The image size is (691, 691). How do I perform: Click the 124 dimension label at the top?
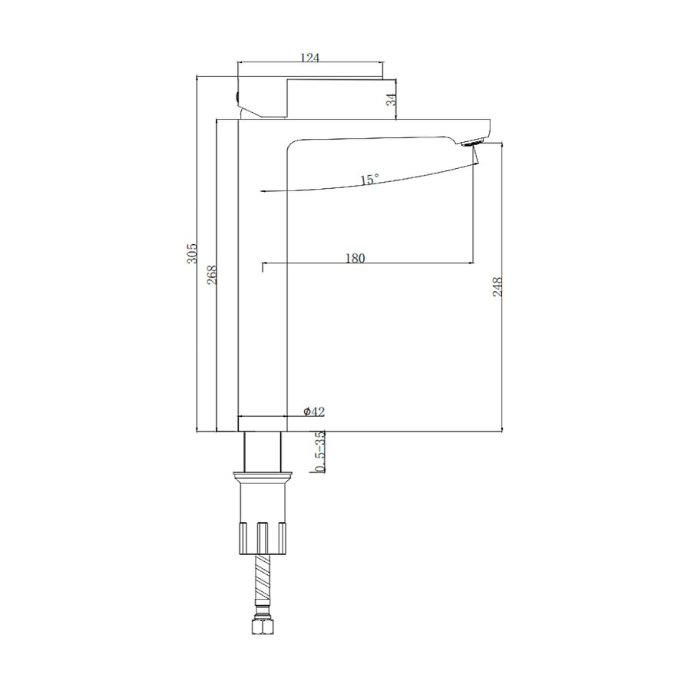309,58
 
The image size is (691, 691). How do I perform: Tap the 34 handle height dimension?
392,100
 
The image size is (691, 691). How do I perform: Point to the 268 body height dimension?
212,274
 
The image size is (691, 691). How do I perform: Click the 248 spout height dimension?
497,286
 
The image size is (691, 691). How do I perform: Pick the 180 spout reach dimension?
355,258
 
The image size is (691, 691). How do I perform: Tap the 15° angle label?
369,180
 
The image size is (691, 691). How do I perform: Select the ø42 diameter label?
314,412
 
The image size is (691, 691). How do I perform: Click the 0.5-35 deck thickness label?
321,451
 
